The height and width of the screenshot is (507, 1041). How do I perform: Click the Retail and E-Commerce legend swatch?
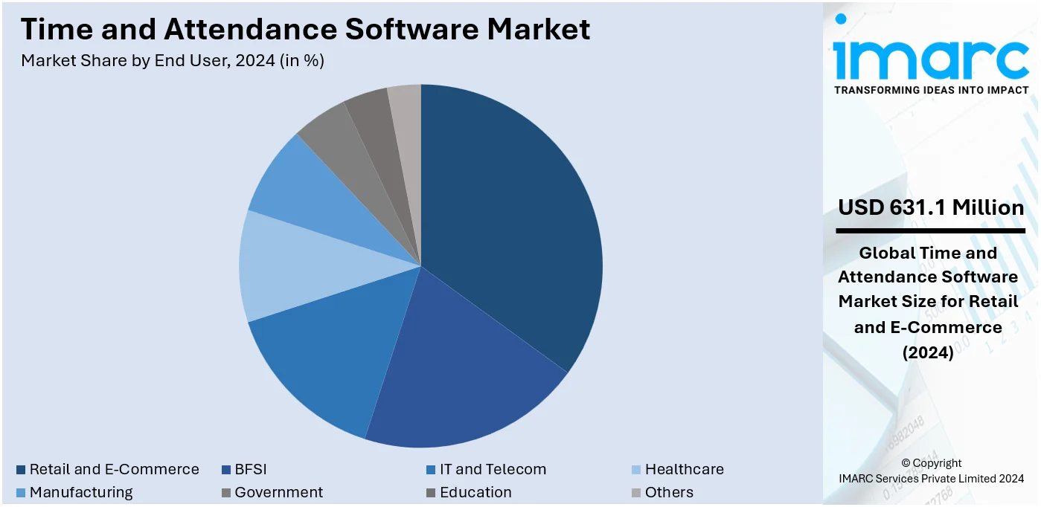tap(22, 470)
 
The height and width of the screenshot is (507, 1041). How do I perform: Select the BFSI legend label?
tap(250, 470)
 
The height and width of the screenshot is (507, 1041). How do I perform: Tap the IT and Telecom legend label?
tap(493, 470)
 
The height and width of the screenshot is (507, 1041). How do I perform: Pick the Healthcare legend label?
tap(684, 470)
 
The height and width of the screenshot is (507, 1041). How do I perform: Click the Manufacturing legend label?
tap(81, 492)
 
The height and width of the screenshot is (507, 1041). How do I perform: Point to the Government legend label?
tap(278, 492)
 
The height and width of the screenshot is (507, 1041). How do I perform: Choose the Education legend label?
tap(475, 492)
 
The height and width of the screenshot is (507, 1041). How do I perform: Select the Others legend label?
tap(669, 492)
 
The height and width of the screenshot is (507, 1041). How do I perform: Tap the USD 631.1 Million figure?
tap(930, 207)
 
